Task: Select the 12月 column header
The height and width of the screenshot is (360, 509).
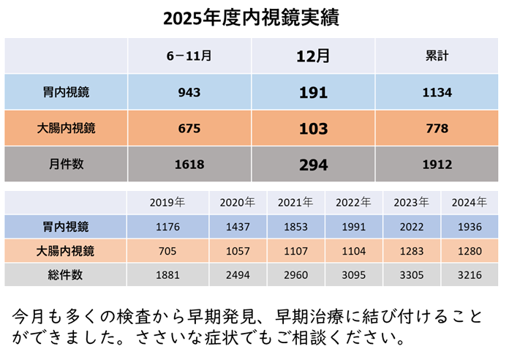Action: point(313,55)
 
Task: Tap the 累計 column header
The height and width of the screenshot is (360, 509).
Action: point(437,55)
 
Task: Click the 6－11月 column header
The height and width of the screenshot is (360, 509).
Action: point(189,55)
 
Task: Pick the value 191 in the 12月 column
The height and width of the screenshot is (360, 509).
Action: point(313,93)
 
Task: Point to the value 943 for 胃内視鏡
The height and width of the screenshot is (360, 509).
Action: point(189,93)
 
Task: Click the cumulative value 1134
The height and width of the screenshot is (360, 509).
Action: point(437,93)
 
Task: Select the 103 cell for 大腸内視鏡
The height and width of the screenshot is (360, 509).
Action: point(313,130)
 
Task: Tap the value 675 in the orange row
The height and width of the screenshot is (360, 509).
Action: point(189,130)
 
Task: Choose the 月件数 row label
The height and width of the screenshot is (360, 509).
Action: point(66,165)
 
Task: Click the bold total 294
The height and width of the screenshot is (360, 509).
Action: point(313,165)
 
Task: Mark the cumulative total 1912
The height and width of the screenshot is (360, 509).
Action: point(437,165)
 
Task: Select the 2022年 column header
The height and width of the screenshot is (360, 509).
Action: point(354,203)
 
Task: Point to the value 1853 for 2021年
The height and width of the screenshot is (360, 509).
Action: point(296,228)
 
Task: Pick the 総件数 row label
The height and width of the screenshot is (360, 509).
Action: point(66,275)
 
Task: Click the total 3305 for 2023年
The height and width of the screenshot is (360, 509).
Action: point(411,275)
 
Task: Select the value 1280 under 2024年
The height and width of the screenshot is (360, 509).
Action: point(468,252)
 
